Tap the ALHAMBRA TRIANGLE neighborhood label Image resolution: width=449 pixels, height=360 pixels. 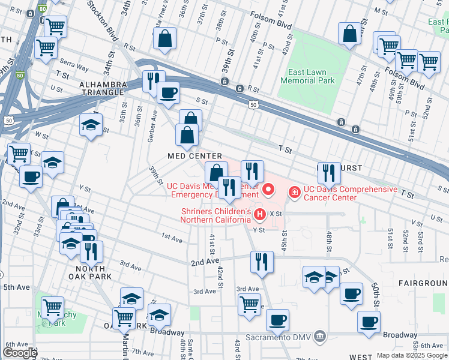103,88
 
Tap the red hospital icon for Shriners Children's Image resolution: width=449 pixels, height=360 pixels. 259,214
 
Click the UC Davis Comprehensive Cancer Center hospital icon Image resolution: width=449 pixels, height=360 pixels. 295,193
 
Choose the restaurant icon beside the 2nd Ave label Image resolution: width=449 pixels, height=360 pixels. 261,262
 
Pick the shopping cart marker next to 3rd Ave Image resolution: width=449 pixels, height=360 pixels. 249,303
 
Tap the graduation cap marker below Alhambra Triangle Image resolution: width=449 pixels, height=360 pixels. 91,125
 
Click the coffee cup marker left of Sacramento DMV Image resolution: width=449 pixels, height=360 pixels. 277,320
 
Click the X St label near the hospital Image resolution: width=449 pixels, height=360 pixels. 276,214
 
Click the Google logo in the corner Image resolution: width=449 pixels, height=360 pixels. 20,352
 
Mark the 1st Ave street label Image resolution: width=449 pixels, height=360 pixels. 172,239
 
